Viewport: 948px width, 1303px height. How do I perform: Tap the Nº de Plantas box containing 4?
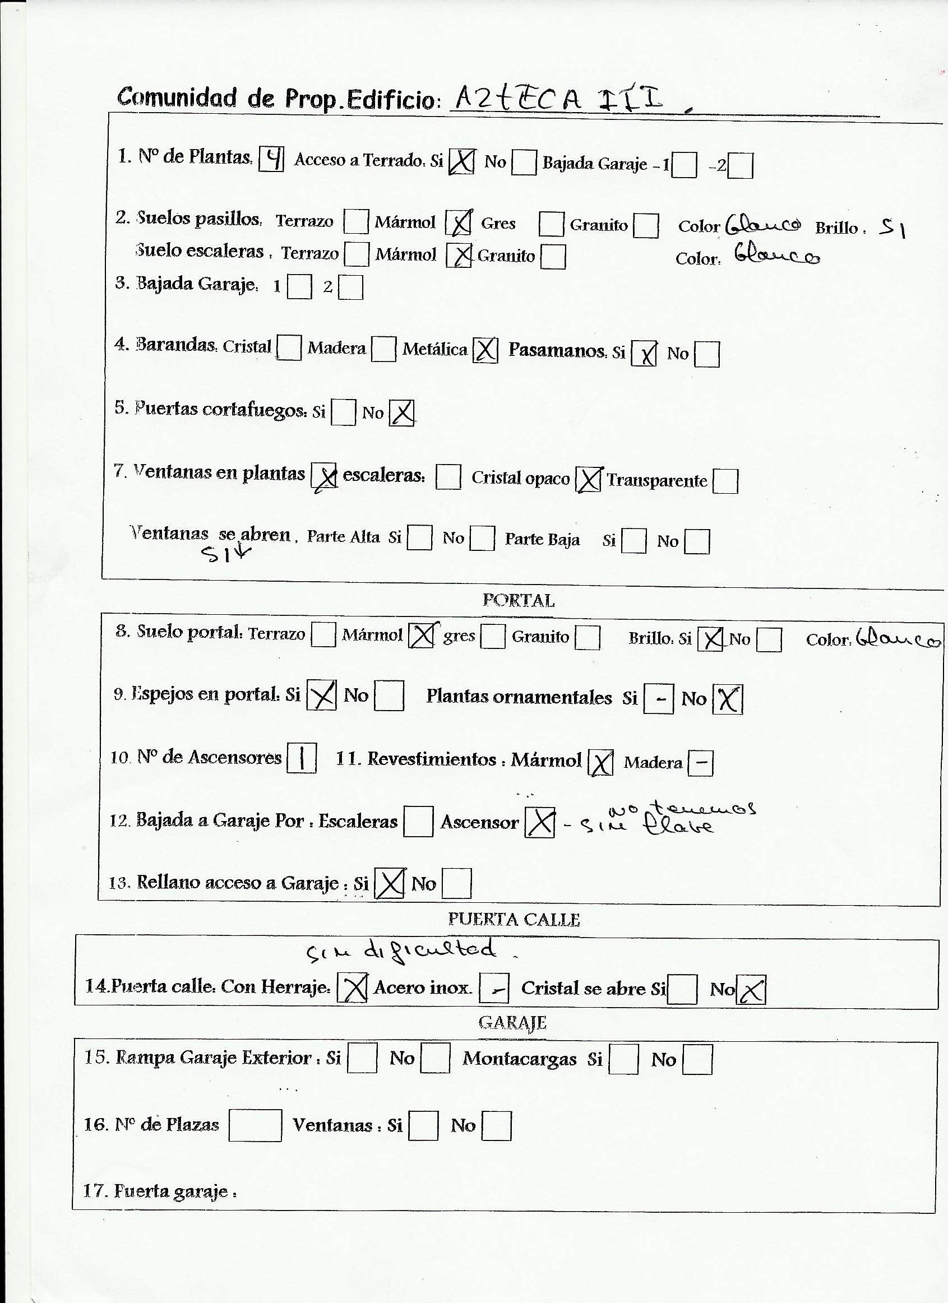271,159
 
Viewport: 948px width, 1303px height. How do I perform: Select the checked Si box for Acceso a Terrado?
461,161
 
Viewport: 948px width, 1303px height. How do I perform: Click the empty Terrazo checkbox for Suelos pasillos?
355,222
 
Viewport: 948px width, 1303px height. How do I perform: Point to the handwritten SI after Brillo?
892,229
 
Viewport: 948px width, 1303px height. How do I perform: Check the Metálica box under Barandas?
485,350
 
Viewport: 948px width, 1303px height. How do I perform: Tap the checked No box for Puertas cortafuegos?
401,412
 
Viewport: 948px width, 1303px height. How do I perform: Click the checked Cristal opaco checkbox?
588,479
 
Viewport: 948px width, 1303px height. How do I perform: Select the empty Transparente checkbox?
725,481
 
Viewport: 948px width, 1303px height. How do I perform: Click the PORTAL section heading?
518,600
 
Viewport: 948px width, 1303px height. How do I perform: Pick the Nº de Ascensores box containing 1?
302,758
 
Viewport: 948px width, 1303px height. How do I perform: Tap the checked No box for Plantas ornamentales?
727,699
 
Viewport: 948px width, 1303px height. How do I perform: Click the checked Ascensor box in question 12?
539,823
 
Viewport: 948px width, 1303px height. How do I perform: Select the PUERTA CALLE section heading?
514,919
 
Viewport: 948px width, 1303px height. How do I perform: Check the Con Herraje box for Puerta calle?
352,988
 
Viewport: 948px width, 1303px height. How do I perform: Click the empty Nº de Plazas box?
255,1124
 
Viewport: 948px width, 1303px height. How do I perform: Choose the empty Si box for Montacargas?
623,1059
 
